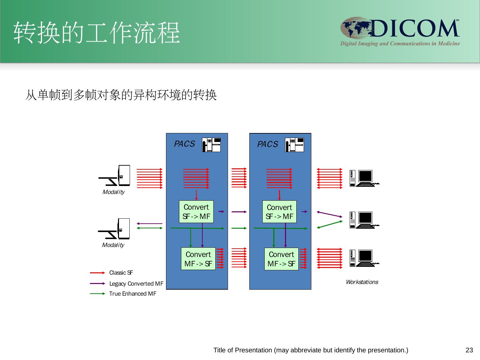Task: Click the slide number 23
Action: point(469,350)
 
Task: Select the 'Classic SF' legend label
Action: point(121,273)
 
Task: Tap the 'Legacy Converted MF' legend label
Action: point(136,283)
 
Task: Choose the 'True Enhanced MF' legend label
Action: point(133,294)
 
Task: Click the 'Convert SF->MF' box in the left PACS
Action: point(196,212)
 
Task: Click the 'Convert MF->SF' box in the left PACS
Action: point(198,259)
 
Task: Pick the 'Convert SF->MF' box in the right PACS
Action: point(279,212)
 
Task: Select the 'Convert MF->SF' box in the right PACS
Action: point(281,259)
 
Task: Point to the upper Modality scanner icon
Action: point(114,176)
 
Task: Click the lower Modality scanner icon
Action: point(114,229)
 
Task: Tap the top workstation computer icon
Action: point(364,178)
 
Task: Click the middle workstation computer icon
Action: point(364,220)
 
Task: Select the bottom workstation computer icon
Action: point(364,258)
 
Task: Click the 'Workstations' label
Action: point(362,282)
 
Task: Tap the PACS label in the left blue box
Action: point(184,144)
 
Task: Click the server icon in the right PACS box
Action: point(294,145)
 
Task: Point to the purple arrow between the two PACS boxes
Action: point(239,212)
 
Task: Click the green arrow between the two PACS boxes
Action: point(239,228)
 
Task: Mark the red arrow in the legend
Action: point(98,273)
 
